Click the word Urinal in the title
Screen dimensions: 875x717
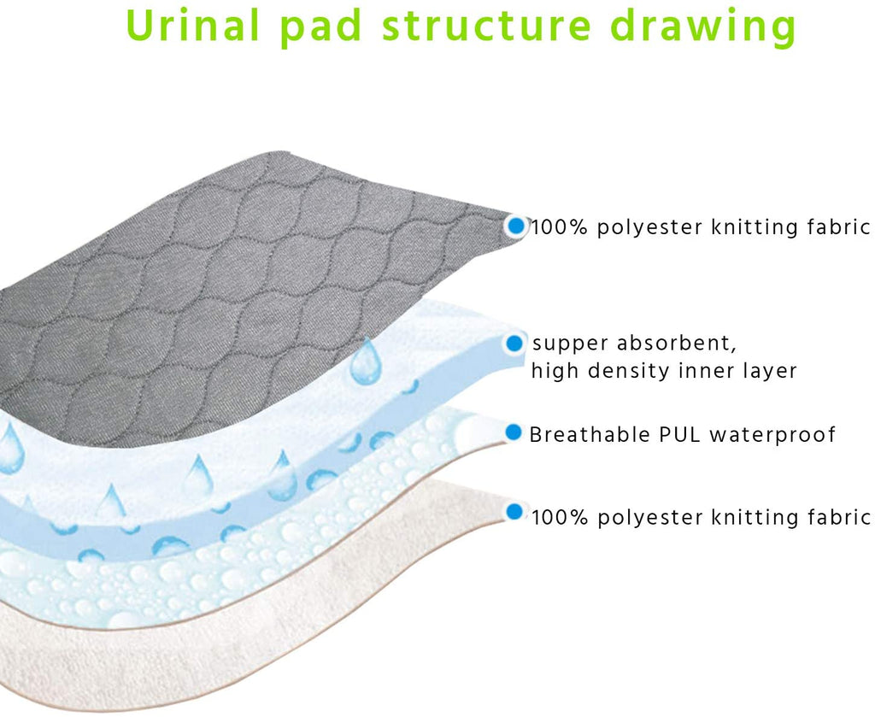pyautogui.click(x=193, y=25)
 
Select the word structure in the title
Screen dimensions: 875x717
pyautogui.click(x=486, y=26)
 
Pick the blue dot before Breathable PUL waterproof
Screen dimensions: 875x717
pyautogui.click(x=514, y=432)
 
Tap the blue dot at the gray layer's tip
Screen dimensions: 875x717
pyautogui.click(x=517, y=226)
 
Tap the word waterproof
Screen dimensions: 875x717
pyautogui.click(x=772, y=435)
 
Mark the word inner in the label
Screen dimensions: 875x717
pyautogui.click(x=702, y=371)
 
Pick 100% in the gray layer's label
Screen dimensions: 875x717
pyautogui.click(x=559, y=227)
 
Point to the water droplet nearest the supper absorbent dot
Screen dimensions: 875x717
pyautogui.click(x=366, y=361)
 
